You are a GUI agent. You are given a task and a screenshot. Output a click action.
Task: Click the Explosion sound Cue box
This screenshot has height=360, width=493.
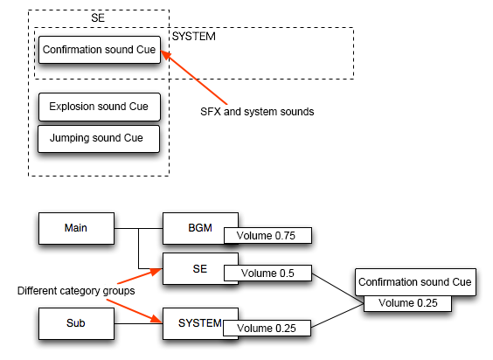coord(100,107)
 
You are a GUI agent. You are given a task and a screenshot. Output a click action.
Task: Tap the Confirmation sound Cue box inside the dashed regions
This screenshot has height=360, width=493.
coord(98,51)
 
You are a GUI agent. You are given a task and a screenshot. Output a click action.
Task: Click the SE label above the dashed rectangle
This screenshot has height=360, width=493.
coord(99,17)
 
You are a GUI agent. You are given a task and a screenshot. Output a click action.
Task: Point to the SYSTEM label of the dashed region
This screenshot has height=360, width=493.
coord(194,37)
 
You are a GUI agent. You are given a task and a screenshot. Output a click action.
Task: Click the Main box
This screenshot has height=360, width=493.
coord(77,228)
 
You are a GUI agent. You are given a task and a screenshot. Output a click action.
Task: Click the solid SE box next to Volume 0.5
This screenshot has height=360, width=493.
coord(200,267)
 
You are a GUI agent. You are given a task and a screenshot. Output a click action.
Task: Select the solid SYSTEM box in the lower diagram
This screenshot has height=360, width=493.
coord(200,322)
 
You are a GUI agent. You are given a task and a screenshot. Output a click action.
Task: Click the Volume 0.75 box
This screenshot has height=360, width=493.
coord(267,235)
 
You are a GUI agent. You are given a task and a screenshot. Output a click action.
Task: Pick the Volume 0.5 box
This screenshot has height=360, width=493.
coord(267,273)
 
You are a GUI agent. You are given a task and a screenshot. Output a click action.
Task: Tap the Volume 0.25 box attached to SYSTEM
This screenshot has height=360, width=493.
coord(267,329)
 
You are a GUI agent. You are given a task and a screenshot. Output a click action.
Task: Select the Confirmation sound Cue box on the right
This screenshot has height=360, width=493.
coord(415,281)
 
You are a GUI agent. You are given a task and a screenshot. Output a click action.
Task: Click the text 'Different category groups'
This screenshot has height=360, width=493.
coord(76,290)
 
